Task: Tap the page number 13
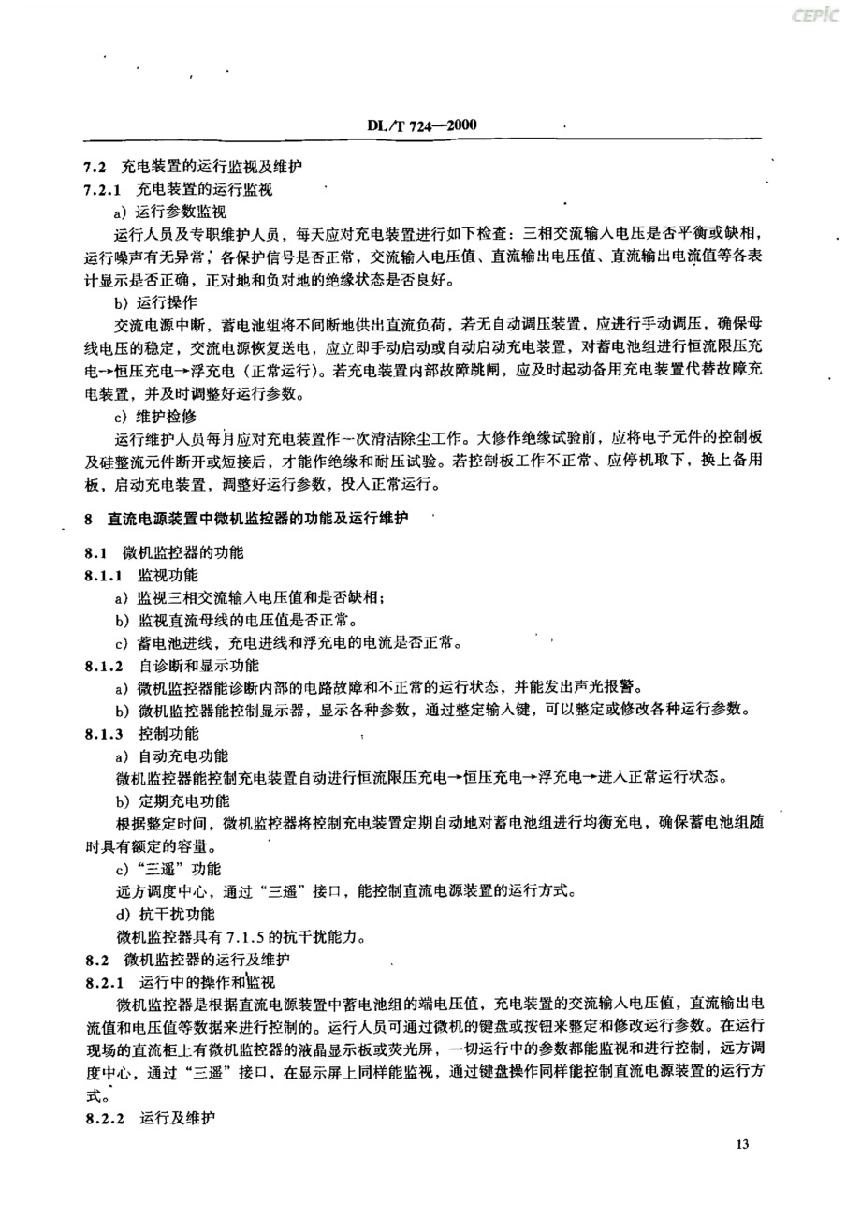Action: (745, 1145)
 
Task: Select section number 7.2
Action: (95, 167)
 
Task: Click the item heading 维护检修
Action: (160, 417)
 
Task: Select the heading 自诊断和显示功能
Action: (198, 666)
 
